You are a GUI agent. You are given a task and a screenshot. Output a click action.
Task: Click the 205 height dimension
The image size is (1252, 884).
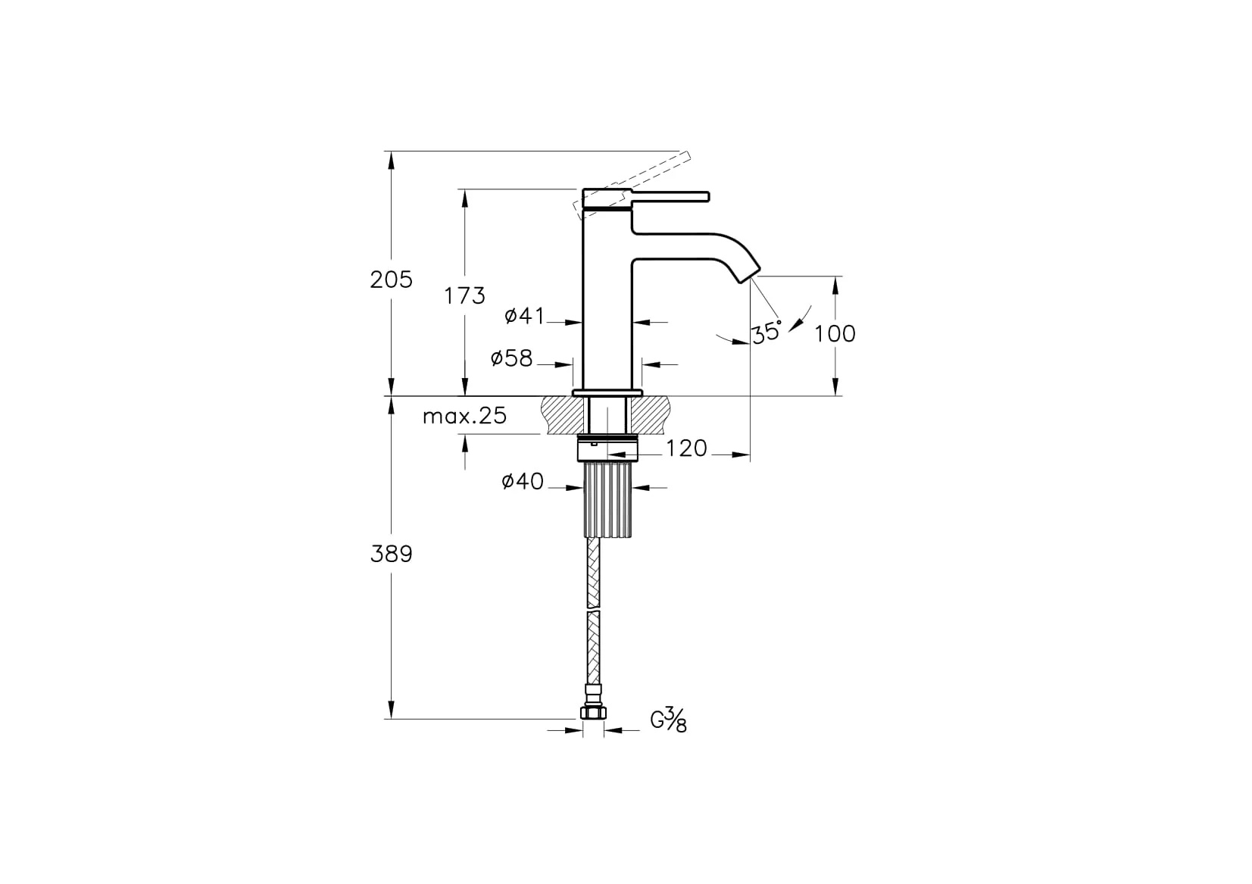point(391,280)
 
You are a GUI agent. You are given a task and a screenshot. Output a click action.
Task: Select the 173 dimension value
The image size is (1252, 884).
point(464,295)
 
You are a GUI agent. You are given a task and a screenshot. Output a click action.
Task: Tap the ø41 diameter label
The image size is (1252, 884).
point(524,316)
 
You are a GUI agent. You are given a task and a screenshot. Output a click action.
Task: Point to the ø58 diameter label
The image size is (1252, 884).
point(512,358)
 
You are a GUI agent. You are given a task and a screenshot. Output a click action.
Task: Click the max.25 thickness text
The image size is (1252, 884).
point(464,416)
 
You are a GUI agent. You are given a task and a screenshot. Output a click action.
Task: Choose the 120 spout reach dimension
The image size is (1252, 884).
point(686,448)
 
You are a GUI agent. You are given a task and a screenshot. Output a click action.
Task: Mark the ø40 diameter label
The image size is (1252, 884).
point(523,481)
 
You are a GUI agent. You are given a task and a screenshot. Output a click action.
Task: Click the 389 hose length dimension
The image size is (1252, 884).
point(391,554)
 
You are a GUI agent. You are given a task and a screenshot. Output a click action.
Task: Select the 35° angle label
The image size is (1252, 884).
point(766,332)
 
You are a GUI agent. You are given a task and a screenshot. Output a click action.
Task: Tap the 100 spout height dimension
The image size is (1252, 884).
point(835,333)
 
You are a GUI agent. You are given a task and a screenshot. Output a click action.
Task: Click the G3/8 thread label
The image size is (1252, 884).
point(669,720)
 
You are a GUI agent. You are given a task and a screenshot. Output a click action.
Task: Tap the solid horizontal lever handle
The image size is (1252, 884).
point(670,197)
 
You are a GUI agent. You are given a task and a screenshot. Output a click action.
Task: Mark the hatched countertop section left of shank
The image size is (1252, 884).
point(564,415)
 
